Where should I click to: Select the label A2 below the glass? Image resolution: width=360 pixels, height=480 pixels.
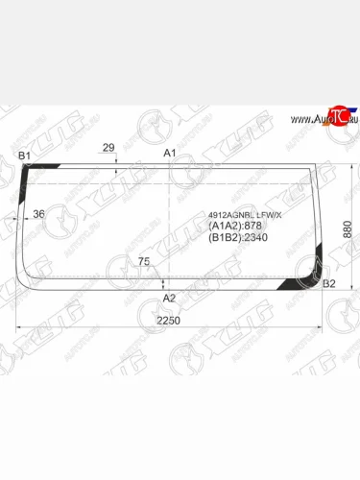point(170,298)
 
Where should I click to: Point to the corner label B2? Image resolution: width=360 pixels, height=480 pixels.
point(329,283)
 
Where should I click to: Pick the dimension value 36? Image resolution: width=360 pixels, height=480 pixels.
point(38,214)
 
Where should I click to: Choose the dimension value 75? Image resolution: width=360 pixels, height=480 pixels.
point(144,261)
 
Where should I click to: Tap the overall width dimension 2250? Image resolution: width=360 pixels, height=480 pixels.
point(169,320)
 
